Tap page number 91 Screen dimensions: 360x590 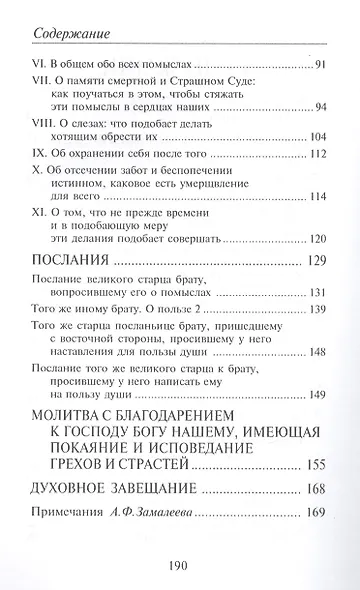coord(320,65)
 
